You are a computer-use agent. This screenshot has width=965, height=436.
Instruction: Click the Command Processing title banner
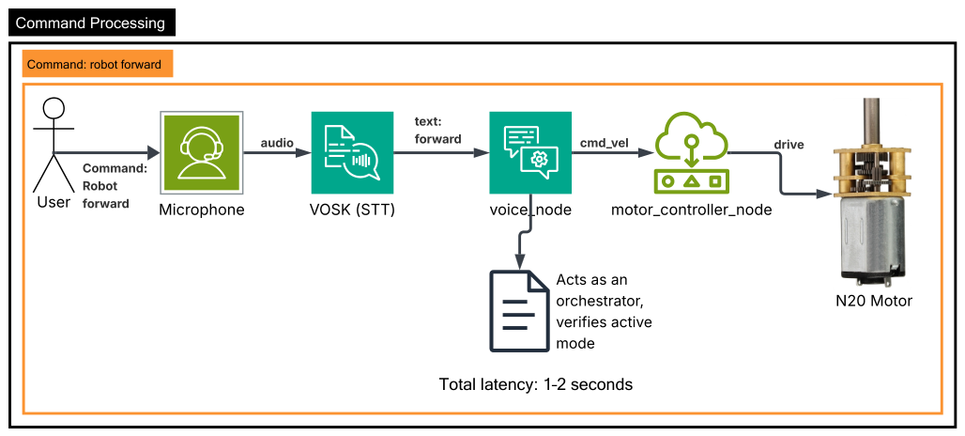tap(92, 23)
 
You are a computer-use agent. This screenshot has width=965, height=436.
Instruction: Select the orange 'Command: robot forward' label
tap(98, 64)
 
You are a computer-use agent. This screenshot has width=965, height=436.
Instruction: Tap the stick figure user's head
tap(54, 109)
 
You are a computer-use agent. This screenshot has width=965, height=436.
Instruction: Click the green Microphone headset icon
tap(202, 153)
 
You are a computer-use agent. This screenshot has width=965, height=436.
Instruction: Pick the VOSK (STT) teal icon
tap(352, 153)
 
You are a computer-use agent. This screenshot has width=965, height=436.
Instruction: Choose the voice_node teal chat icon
tap(530, 153)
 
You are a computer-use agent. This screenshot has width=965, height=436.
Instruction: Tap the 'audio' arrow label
tap(277, 143)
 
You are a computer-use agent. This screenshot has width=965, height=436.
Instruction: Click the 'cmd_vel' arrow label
tap(603, 144)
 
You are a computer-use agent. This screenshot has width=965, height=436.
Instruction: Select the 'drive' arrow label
tap(789, 145)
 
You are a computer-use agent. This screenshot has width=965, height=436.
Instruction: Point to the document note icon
tap(519, 311)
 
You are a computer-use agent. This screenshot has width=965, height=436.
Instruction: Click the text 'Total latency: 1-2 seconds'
tap(535, 385)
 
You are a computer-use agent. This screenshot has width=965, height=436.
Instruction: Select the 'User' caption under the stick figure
tap(54, 202)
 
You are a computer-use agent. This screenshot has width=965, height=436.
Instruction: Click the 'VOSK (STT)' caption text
tap(352, 210)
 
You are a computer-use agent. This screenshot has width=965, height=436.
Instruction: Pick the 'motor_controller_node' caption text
tap(691, 210)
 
